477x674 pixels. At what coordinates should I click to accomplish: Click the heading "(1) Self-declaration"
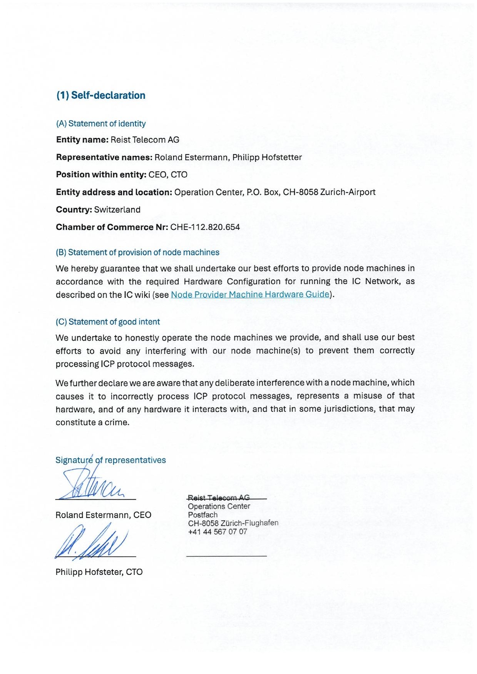coord(101,95)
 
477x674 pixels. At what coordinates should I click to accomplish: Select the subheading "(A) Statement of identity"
coord(101,124)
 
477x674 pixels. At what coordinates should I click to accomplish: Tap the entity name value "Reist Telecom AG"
coord(145,140)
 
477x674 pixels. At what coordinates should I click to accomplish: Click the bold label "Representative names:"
coord(104,157)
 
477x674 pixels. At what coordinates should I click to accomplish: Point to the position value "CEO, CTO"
coord(168,175)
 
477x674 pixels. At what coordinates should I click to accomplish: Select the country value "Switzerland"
coord(117,210)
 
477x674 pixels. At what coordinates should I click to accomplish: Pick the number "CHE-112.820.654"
coord(205,227)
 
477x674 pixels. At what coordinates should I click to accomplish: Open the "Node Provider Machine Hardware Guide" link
coord(250,295)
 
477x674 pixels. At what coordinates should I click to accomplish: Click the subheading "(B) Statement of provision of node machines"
coord(137,253)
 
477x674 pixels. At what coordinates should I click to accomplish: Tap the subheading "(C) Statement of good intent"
coord(108,322)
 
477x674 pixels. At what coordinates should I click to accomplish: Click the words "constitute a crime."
coord(92,423)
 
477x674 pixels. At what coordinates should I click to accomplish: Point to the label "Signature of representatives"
coord(110,460)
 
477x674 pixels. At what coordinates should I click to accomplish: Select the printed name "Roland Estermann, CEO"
coord(103,515)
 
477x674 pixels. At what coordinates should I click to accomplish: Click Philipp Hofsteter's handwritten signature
coord(92,543)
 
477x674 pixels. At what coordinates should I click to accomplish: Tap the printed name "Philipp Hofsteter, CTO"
coord(99,572)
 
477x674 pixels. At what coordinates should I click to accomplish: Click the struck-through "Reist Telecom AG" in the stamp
coord(219,498)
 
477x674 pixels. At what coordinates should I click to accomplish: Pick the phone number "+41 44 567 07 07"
coord(218,532)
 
